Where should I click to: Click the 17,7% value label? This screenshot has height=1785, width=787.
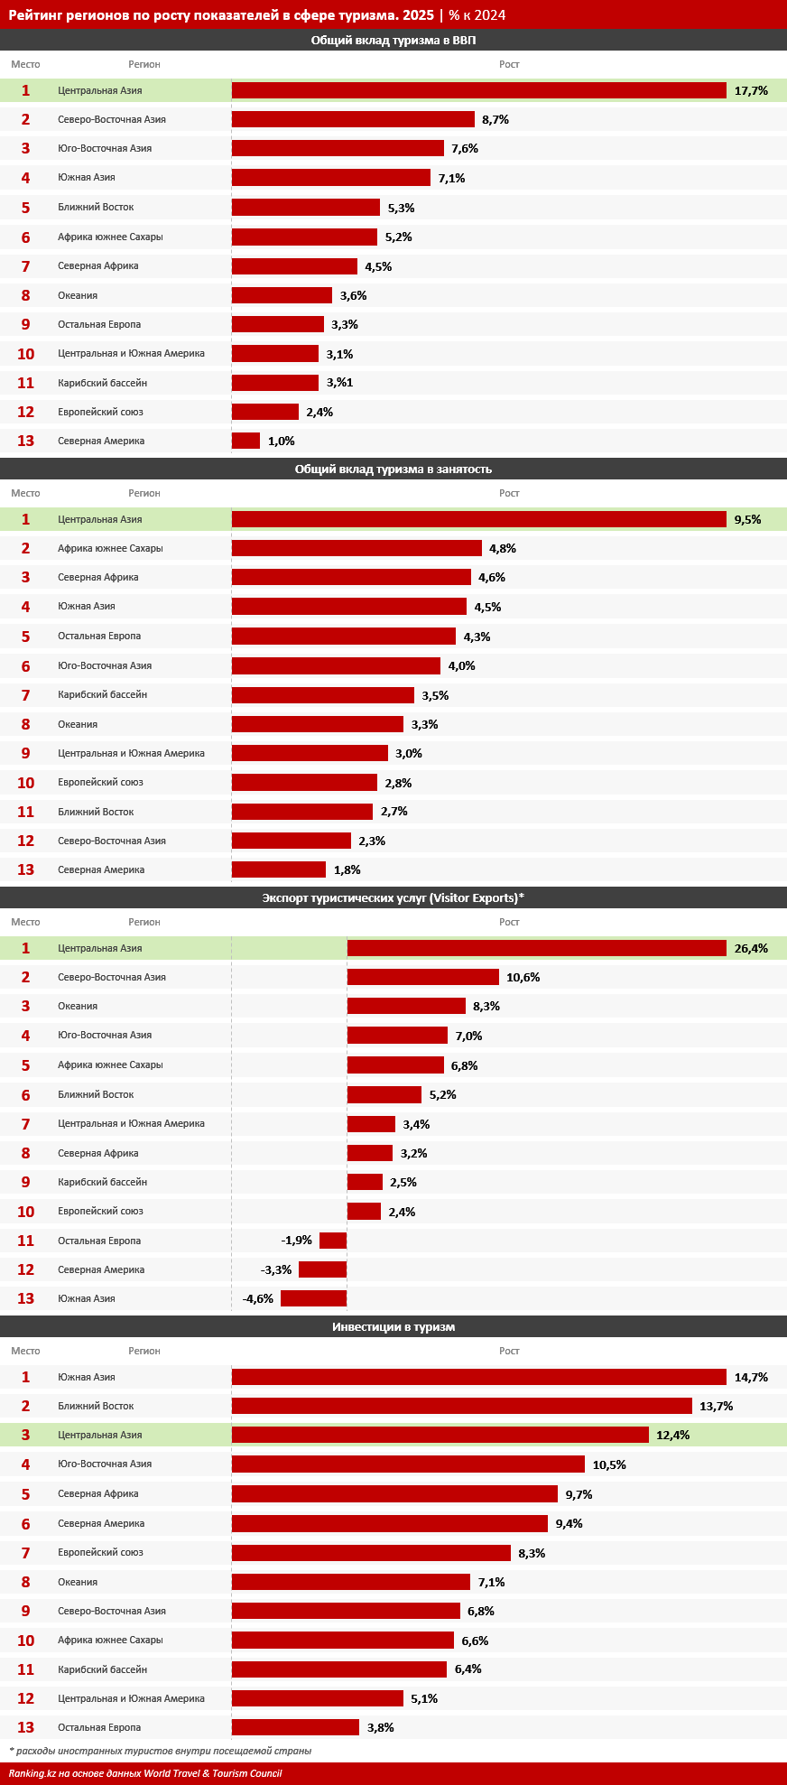tap(751, 90)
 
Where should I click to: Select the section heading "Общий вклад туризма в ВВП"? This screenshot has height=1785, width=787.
tap(393, 40)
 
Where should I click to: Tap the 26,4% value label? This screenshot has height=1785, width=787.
tap(751, 948)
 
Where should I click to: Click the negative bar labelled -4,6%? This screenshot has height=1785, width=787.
tap(313, 1298)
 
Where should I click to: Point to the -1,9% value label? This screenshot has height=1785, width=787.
tap(296, 1241)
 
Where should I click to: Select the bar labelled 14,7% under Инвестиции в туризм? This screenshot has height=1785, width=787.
tap(479, 1377)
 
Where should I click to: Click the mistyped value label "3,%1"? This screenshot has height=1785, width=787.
tap(339, 383)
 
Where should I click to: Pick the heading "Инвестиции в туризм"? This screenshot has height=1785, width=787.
tap(393, 1326)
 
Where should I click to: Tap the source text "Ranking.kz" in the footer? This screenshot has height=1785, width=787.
tap(33, 1773)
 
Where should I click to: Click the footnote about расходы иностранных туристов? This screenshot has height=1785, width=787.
tap(160, 1751)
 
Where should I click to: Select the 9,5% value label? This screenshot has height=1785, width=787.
tap(747, 519)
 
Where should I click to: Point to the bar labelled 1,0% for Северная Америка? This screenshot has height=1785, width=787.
tap(245, 441)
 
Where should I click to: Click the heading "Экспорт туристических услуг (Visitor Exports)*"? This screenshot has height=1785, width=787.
tap(393, 897)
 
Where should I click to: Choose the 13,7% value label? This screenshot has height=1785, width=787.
tap(717, 1406)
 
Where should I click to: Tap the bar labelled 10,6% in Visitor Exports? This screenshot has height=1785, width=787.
tap(423, 977)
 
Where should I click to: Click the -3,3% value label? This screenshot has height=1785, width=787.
tap(276, 1269)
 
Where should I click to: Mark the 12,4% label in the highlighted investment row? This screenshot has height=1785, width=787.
tap(673, 1435)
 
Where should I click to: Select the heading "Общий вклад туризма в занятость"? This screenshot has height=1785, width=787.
tap(393, 469)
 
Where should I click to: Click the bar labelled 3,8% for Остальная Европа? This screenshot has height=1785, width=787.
tap(295, 1727)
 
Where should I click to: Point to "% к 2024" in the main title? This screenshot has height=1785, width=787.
tap(477, 14)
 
